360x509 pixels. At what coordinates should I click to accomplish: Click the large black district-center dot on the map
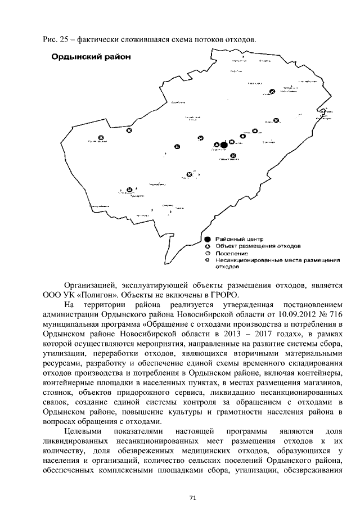tap(224, 145)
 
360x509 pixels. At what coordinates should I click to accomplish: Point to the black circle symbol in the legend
tap(208, 239)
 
